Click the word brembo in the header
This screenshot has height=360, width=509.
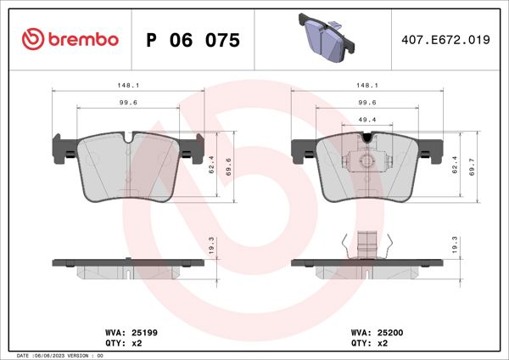(81, 40)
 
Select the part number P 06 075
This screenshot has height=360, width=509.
(193, 41)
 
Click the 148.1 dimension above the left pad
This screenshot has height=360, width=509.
(129, 86)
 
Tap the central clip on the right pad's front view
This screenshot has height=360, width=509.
(365, 159)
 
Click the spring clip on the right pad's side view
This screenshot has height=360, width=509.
(365, 246)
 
